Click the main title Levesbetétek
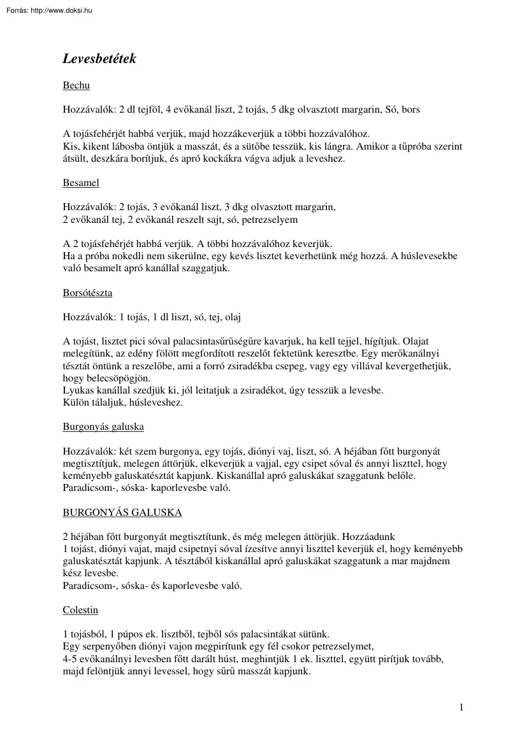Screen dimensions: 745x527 click(99, 59)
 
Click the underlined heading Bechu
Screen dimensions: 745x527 click(76, 85)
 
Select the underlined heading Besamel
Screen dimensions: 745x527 click(81, 183)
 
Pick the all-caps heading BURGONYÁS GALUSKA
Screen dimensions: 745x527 click(122, 512)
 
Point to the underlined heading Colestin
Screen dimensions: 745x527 click(80, 609)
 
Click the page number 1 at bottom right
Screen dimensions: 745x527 click(461, 707)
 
